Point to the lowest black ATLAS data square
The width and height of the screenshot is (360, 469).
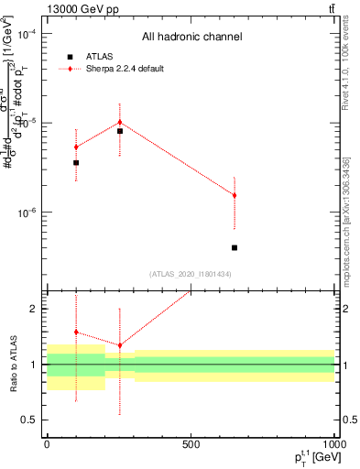pyautogui.click(x=235, y=247)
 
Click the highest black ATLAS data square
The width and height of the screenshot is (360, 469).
pyautogui.click(x=120, y=131)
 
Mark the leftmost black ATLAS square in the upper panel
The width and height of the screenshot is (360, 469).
pyautogui.click(x=76, y=162)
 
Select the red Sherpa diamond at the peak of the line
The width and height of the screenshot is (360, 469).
pyautogui.click(x=120, y=122)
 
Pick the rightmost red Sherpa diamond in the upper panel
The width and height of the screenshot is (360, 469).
pyautogui.click(x=235, y=195)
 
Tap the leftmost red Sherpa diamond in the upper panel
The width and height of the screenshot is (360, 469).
pyautogui.click(x=76, y=147)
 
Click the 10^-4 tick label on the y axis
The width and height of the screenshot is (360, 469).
pyautogui.click(x=27, y=34)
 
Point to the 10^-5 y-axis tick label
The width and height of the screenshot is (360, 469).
pyautogui.click(x=27, y=123)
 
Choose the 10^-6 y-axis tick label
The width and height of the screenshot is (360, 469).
pyautogui.click(x=27, y=213)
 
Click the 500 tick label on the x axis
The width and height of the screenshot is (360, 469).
pyautogui.click(x=191, y=443)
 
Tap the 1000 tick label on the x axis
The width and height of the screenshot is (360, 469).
pyautogui.click(x=333, y=443)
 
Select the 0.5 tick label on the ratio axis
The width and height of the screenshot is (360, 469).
pyautogui.click(x=29, y=420)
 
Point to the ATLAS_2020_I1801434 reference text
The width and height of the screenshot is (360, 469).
pyautogui.click(x=191, y=274)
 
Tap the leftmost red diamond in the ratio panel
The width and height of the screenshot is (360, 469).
pyautogui.click(x=76, y=332)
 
